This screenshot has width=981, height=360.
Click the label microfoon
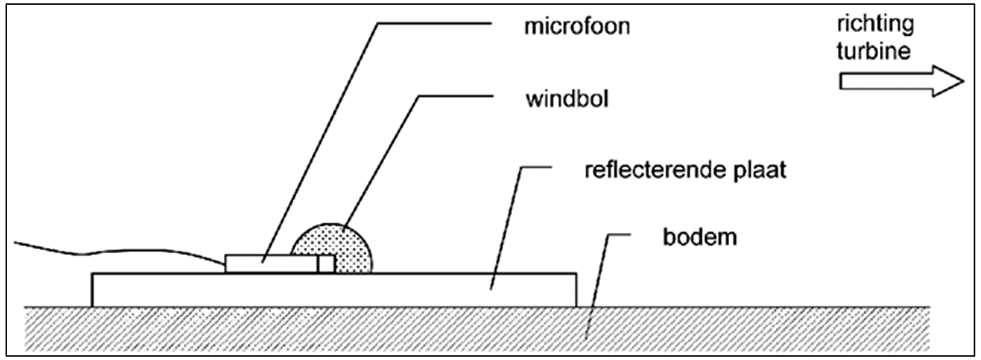577,26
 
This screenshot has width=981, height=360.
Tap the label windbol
567,99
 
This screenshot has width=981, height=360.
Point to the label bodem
700,237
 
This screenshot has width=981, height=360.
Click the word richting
875,25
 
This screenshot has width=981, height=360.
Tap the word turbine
873,51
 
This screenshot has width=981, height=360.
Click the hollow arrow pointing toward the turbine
902,81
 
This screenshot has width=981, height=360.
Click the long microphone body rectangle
271,264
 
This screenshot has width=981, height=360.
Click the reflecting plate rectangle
334,290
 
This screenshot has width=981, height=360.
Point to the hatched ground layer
476,330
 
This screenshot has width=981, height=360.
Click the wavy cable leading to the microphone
120,252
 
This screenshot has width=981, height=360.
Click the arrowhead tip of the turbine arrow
964,81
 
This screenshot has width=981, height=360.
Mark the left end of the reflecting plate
92,290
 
